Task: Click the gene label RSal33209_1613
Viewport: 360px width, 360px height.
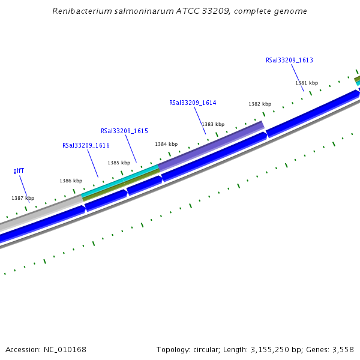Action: (x=289, y=60)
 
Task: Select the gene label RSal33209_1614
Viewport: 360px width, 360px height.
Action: (x=193, y=103)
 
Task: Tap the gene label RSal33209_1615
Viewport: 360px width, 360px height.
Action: (x=124, y=131)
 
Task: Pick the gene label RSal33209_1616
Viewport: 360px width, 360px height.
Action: (x=86, y=145)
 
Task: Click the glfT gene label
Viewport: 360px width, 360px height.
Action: (x=19, y=170)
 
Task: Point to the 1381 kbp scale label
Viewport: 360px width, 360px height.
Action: (x=307, y=83)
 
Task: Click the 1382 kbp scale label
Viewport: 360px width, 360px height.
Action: (x=260, y=104)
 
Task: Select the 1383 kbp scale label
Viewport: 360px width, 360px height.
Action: (x=213, y=124)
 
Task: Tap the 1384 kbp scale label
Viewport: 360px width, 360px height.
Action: (x=166, y=144)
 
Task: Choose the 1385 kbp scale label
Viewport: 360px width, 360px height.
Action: (x=119, y=163)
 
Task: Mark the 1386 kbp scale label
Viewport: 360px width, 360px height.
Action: (x=71, y=181)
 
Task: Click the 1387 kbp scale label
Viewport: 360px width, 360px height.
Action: (x=23, y=198)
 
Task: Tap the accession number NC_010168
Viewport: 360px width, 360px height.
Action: (x=64, y=349)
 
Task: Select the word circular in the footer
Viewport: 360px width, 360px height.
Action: (x=207, y=349)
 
